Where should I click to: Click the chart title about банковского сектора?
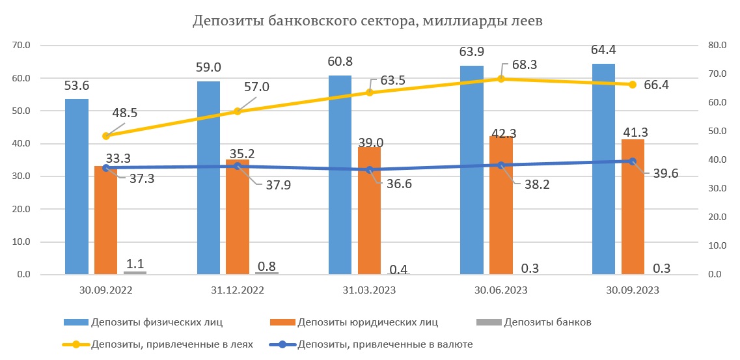[x=367, y=21]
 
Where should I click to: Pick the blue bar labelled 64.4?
[x=603, y=169]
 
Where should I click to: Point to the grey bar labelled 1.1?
[x=135, y=272]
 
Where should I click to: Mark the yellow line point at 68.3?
[x=501, y=79]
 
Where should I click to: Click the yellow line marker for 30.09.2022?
[x=106, y=136]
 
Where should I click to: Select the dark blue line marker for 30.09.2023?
[x=633, y=161]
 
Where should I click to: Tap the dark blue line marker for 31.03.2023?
[x=370, y=170]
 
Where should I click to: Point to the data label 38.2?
[x=537, y=184]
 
